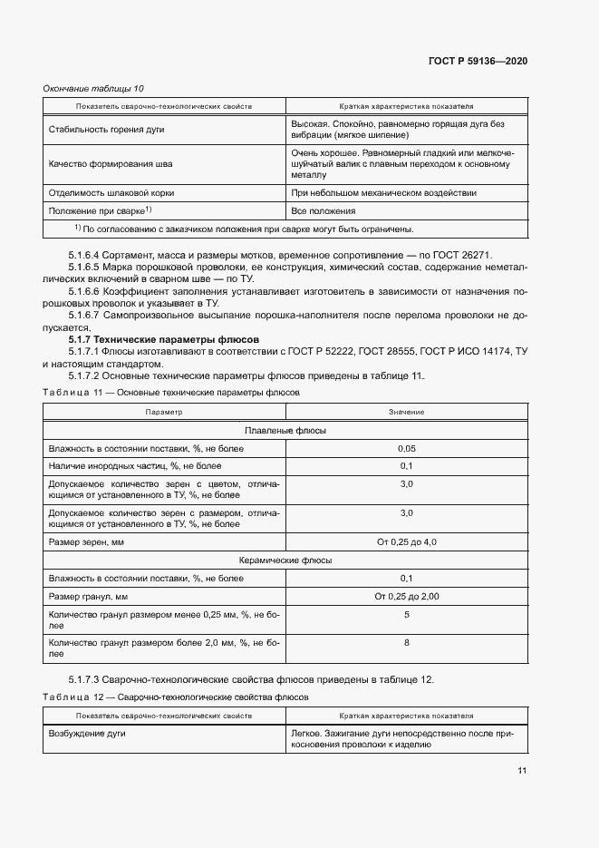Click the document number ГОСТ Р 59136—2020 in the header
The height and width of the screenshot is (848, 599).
tap(477, 61)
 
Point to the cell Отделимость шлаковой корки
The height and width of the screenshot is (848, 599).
tap(111, 192)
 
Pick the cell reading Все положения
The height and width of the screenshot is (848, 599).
tap(320, 210)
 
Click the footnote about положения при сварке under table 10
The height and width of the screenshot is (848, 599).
tap(244, 229)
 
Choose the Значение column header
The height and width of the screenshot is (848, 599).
tap(406, 412)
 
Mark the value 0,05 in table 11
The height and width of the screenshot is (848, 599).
tap(406, 449)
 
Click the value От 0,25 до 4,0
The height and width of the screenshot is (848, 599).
tap(406, 542)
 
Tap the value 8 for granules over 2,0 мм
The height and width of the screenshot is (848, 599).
tap(406, 642)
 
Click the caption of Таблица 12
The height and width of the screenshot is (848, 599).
tap(175, 697)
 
